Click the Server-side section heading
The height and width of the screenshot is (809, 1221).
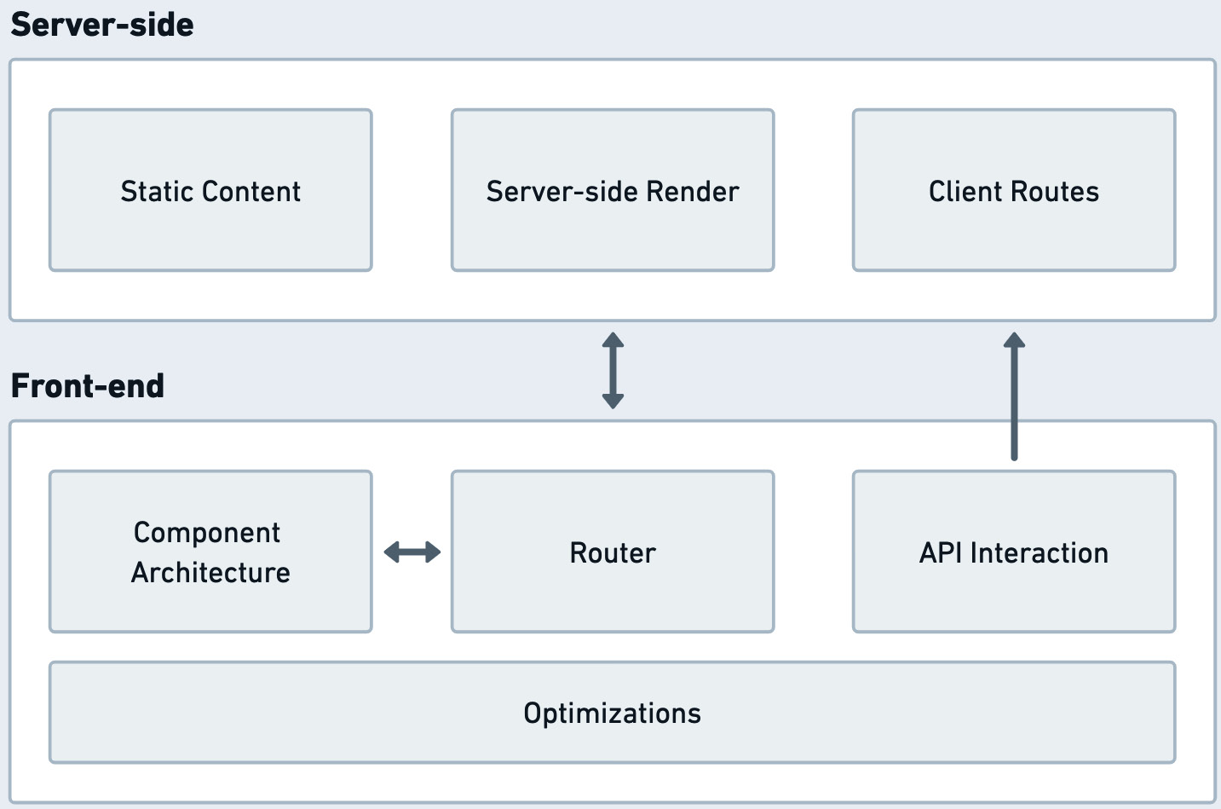click(x=102, y=25)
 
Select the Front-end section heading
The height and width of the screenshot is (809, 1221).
click(x=88, y=386)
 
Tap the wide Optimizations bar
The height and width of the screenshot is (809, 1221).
click(x=612, y=713)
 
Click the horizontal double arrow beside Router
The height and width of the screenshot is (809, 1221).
click(x=412, y=552)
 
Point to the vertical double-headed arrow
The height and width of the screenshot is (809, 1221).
click(x=613, y=371)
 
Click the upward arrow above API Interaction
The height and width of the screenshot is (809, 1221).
click(x=1014, y=396)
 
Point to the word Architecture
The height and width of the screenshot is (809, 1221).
click(x=210, y=573)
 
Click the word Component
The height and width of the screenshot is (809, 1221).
click(x=207, y=533)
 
